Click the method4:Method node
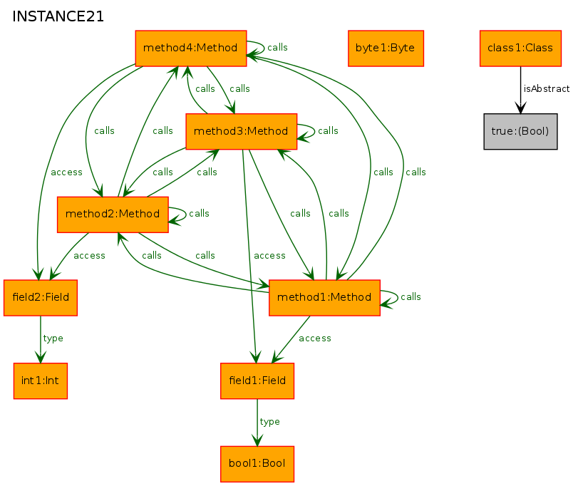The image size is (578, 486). tap(191, 48)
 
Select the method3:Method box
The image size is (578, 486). tap(242, 132)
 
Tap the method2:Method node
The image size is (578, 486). tap(113, 214)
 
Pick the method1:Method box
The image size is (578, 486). tap(324, 298)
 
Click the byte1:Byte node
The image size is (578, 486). tap(386, 48)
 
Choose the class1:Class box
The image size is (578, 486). tap(520, 48)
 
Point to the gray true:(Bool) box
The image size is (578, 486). tap(520, 132)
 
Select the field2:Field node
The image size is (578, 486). tap(41, 298)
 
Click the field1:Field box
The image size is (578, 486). tap(257, 381)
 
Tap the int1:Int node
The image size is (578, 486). tap(41, 381)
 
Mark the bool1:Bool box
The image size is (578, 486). tap(257, 464)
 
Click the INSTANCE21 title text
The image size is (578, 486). tap(58, 16)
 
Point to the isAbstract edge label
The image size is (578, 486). tap(547, 89)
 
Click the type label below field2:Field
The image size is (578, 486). tap(53, 338)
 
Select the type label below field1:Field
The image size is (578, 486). tap(270, 422)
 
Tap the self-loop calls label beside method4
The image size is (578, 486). tap(277, 48)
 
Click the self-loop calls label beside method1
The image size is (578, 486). tap(411, 297)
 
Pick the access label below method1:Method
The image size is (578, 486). tap(315, 338)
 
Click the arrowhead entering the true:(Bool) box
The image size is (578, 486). tap(520, 108)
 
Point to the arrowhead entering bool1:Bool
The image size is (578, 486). tap(257, 440)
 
